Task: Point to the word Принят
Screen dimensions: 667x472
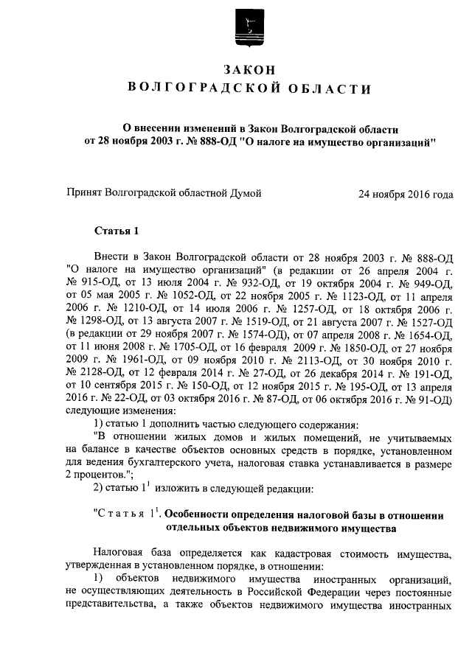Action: click(x=85, y=193)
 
